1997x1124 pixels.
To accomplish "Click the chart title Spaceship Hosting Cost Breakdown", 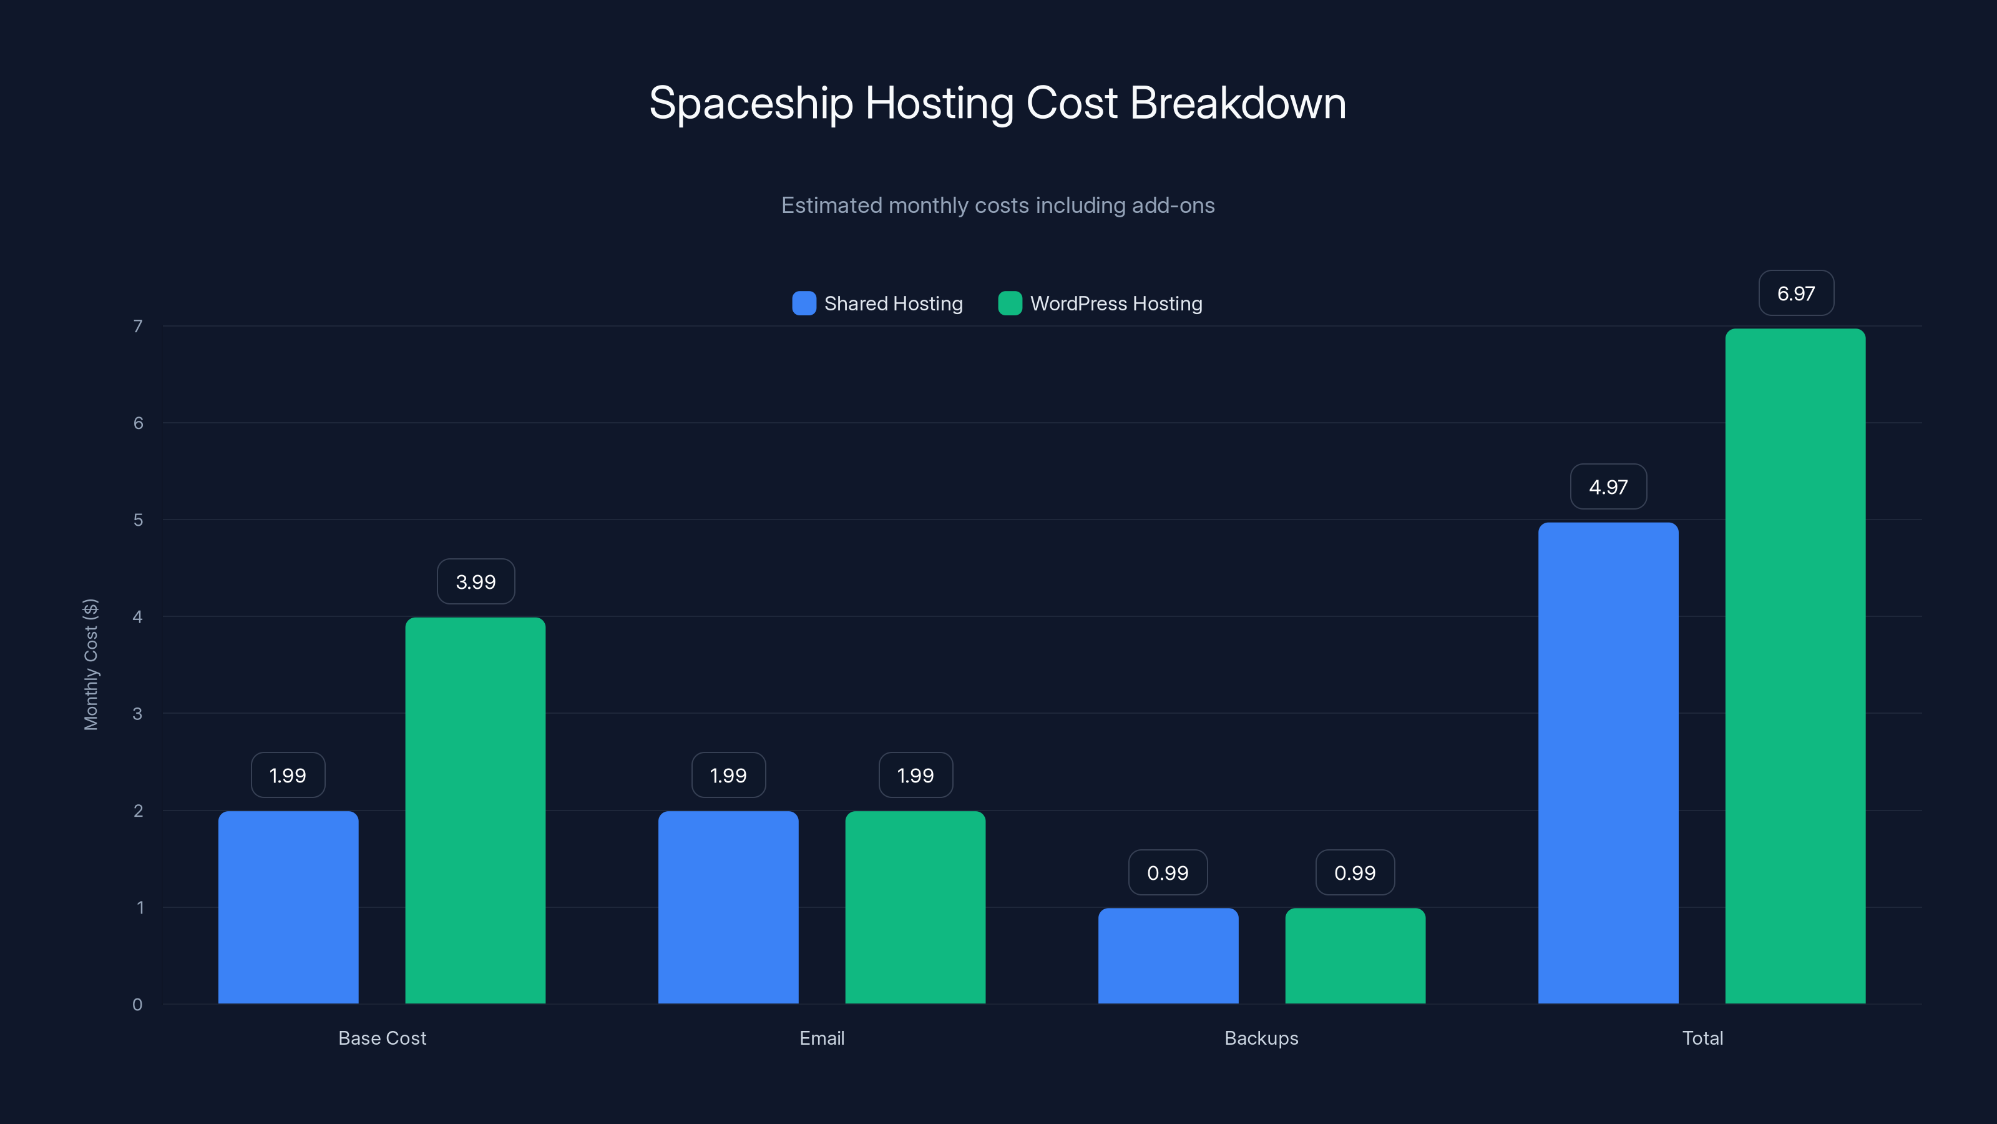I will [998, 103].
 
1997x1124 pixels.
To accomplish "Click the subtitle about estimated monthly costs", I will [998, 205].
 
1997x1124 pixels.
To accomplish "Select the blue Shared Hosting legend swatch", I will [804, 303].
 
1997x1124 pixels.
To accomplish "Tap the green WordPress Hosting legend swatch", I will [1009, 303].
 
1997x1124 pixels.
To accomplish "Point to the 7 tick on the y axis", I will [138, 327].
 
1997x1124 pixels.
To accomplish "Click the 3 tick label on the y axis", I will [138, 714].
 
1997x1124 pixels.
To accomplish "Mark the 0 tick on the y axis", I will [138, 1005].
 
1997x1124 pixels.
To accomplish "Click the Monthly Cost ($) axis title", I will [90, 664].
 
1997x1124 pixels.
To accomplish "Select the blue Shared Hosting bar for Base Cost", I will [288, 907].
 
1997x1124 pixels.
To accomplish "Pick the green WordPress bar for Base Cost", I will [475, 811].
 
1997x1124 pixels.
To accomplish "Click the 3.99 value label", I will [475, 582].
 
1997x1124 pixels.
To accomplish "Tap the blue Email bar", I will [728, 907].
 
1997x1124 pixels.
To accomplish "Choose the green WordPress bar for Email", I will [915, 907].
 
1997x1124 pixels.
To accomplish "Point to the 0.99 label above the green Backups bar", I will [1354, 873].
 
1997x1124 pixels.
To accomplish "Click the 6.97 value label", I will [1795, 293].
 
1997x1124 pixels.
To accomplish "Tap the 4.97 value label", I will [1608, 487].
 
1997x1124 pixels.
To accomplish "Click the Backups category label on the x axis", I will [1261, 1038].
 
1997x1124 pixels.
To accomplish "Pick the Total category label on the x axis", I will [1702, 1038].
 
